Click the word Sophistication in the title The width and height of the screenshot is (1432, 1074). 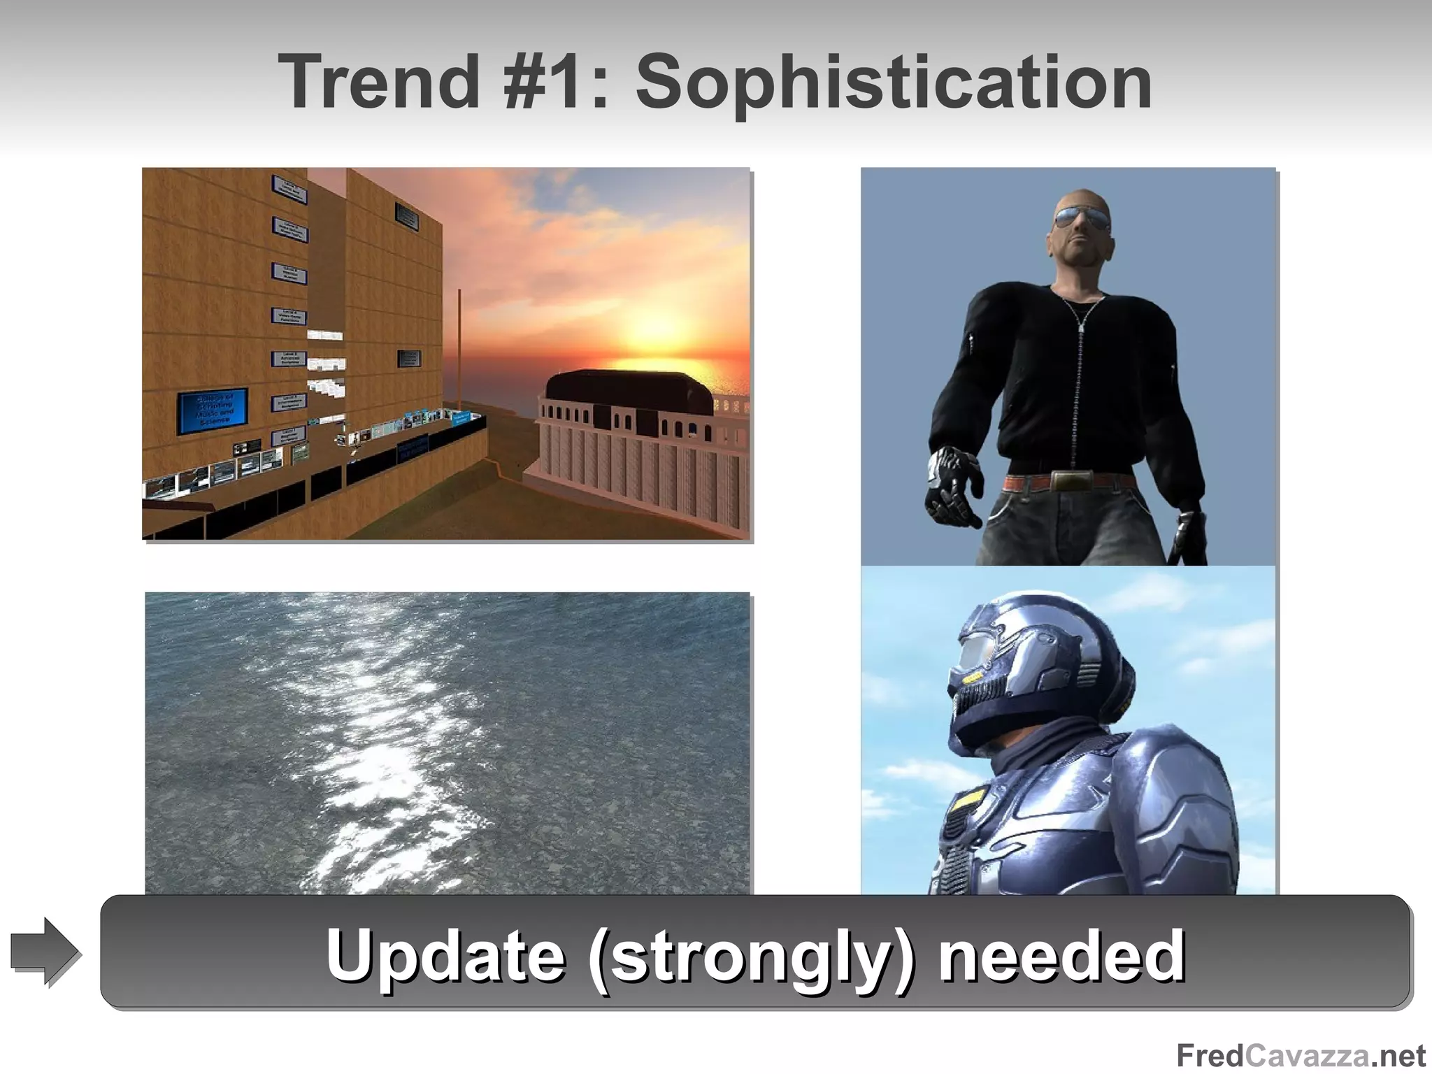894,83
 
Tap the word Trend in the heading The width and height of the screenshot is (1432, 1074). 378,83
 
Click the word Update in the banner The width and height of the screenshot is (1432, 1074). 445,955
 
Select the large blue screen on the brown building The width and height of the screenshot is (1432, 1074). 211,412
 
